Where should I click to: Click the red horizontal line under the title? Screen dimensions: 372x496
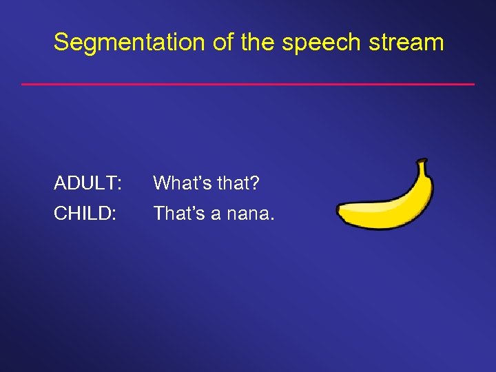click(248, 84)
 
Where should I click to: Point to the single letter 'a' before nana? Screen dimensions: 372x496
click(216, 215)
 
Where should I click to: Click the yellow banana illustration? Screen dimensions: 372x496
click(389, 207)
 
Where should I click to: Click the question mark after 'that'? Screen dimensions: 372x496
click(255, 183)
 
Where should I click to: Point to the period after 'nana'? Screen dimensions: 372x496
click(272, 220)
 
